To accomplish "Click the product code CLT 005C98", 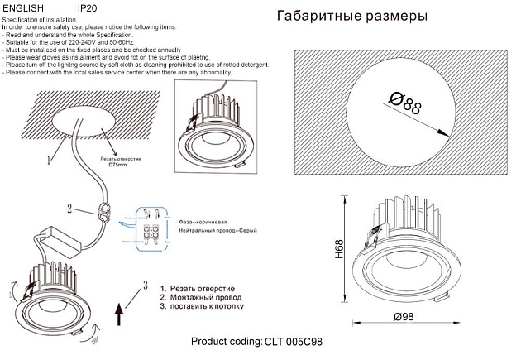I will (x=294, y=341).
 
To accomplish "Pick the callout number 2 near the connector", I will (x=71, y=209).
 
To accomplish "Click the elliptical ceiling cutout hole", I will (x=83, y=123).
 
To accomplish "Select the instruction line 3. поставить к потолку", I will (x=202, y=305).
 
